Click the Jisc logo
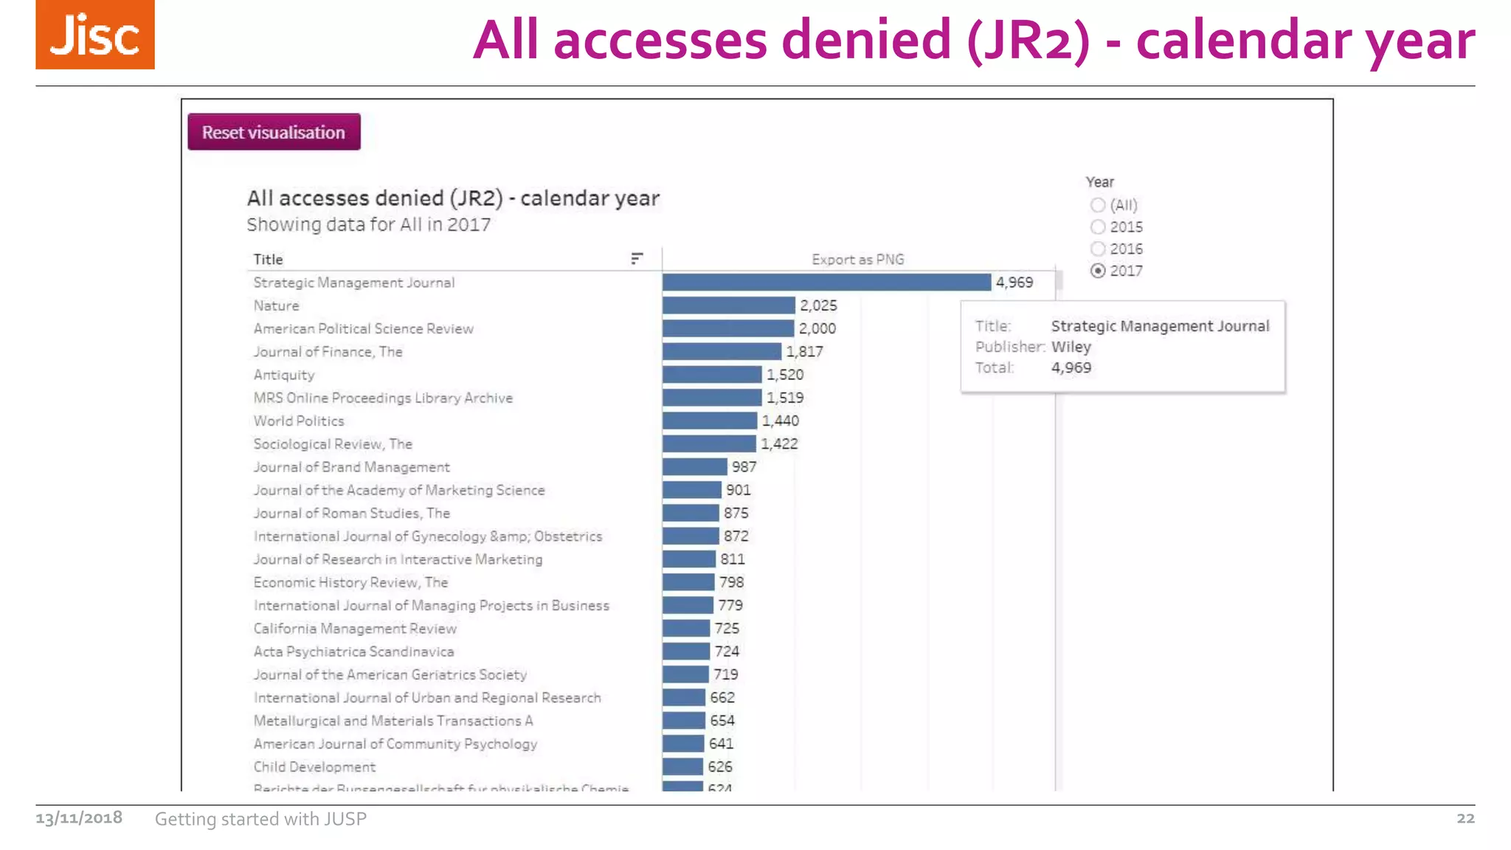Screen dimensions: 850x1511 (95, 35)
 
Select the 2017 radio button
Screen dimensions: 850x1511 (1098, 271)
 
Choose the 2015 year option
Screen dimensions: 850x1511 (1098, 227)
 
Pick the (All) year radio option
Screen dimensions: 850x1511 (1098, 205)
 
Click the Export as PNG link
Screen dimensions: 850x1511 (857, 260)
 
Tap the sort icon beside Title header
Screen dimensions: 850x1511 (637, 258)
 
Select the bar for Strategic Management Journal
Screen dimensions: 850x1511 (826, 283)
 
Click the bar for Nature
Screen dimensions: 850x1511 (728, 305)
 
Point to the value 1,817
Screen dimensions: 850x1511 (804, 352)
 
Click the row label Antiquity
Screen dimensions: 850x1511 (284, 375)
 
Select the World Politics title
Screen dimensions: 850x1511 (299, 421)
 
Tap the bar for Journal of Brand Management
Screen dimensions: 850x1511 (694, 467)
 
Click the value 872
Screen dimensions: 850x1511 (736, 536)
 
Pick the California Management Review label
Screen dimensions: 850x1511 (355, 629)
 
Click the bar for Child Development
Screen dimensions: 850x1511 (682, 767)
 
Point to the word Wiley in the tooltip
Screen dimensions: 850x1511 (1071, 347)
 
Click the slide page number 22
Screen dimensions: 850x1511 (1465, 818)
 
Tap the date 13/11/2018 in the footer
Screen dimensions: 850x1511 (79, 818)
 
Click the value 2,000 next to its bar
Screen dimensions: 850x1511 (817, 329)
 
